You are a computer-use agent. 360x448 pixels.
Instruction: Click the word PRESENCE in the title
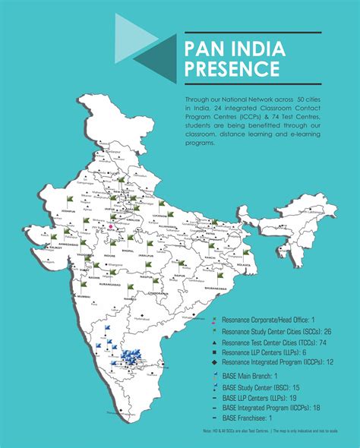coord(231,71)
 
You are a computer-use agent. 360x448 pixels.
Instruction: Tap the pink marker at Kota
coord(109,226)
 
